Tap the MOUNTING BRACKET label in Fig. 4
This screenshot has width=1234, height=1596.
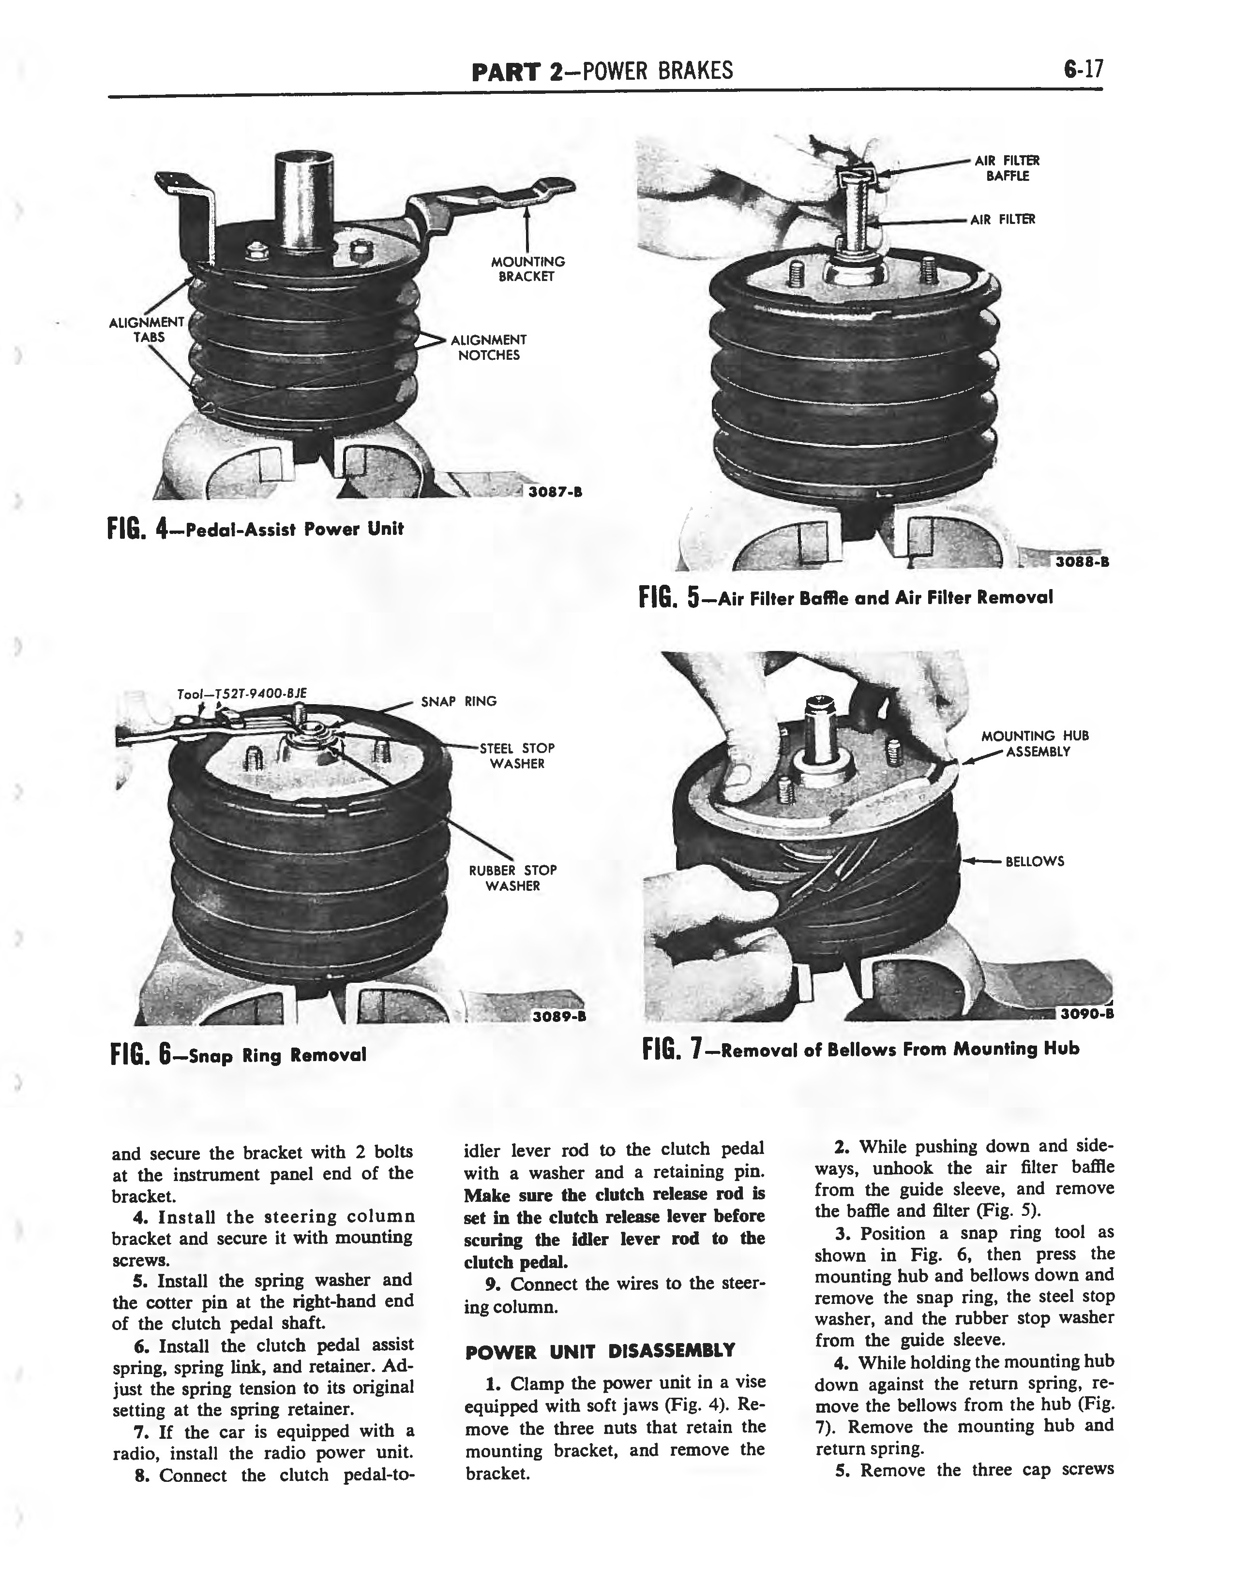pos(527,269)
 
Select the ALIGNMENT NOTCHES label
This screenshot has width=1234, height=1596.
pos(488,348)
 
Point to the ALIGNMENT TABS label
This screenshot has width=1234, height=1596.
pos(146,329)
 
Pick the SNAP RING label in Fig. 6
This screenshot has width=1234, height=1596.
pos(458,702)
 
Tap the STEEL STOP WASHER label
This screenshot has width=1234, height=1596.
pos(517,755)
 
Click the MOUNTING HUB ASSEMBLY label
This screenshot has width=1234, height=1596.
pos(1035,743)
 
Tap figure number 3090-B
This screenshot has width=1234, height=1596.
pos(1085,1013)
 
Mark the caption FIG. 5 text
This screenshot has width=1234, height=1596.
pos(846,598)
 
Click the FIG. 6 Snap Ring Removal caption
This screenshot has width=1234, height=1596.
pos(238,1054)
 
